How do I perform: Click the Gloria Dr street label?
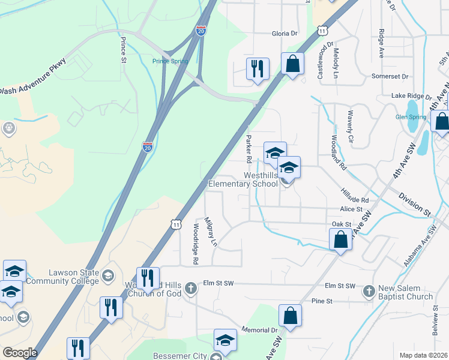(285, 34)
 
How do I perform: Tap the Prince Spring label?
(170, 61)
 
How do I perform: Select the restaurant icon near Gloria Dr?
(258, 68)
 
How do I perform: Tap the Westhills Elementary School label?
(243, 179)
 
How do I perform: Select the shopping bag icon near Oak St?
(340, 240)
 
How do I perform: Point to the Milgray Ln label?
(210, 232)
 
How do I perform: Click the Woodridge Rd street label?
(195, 244)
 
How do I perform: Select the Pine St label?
(322, 301)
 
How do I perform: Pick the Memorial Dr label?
(260, 330)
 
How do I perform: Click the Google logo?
(20, 353)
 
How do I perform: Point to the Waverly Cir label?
(350, 128)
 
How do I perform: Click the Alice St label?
(351, 209)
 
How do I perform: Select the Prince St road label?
(122, 50)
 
